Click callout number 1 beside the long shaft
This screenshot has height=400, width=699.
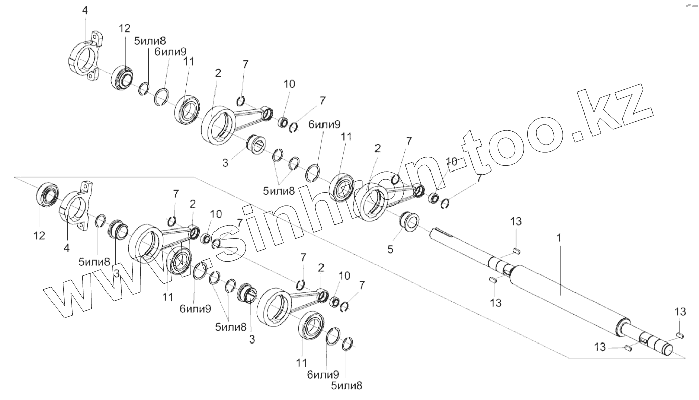(x=560, y=237)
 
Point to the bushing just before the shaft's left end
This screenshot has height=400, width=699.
(x=409, y=222)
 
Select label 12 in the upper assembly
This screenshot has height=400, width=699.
(x=125, y=29)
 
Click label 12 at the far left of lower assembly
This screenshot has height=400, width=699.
(x=39, y=235)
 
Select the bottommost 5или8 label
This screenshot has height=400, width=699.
(x=347, y=386)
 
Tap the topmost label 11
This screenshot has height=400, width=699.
(x=189, y=61)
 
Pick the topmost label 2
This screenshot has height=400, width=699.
(x=218, y=73)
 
